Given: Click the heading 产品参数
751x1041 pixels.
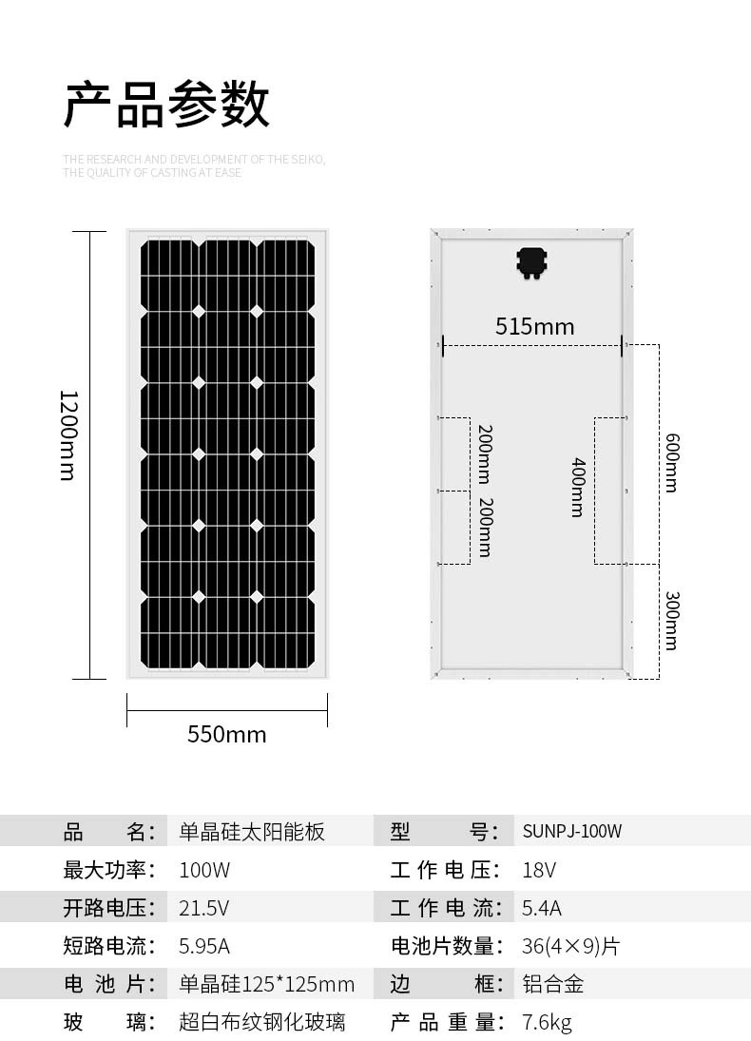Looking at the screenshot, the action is [x=166, y=105].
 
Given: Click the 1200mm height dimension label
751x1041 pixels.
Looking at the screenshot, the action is [x=68, y=435].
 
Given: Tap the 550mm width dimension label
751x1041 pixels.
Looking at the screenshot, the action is [x=227, y=734].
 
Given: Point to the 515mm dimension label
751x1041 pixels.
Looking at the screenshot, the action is [x=534, y=326].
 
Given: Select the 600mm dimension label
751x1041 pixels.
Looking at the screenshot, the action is [x=672, y=462].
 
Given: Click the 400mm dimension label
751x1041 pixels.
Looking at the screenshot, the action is [x=578, y=487].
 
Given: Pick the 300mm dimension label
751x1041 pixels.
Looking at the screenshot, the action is [x=672, y=620].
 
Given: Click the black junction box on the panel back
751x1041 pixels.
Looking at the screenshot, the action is [x=531, y=263].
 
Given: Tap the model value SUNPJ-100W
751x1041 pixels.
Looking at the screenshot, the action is [x=571, y=831].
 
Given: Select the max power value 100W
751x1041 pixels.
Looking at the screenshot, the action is [x=203, y=870].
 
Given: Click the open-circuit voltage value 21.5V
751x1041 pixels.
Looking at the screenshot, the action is [x=203, y=908].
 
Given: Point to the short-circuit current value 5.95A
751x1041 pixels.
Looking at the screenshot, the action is [x=203, y=945].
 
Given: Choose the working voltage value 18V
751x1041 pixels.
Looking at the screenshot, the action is [x=538, y=870].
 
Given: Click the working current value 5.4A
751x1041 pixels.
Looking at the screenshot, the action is [x=541, y=908].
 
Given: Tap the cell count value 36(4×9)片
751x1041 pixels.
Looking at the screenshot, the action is [x=570, y=946].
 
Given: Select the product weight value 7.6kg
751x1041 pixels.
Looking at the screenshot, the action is [x=547, y=1022].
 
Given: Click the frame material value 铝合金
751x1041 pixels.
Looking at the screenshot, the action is [x=552, y=984].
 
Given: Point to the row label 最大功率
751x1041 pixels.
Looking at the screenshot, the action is [x=109, y=870].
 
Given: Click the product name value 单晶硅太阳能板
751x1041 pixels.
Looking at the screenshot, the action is [x=252, y=831].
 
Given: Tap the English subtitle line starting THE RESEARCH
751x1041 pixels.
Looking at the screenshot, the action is [x=194, y=160].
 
